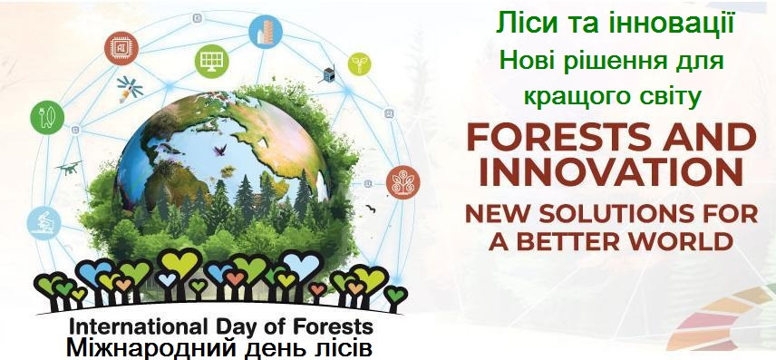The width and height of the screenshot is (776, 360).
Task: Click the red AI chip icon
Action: pyautogui.click(x=121, y=48)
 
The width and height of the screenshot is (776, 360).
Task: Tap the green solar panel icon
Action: pyautogui.click(x=211, y=61)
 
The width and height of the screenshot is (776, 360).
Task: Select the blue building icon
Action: pyautogui.click(x=266, y=32)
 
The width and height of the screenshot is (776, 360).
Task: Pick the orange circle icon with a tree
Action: pyautogui.click(x=403, y=182)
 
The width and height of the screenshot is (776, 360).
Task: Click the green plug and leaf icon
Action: pyautogui.click(x=47, y=117)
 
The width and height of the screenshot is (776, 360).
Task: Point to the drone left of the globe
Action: pyautogui.click(x=69, y=168)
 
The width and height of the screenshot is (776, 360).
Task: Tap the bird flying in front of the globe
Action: pyautogui.click(x=219, y=150)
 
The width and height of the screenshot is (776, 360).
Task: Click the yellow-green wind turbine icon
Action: pyautogui.click(x=359, y=63)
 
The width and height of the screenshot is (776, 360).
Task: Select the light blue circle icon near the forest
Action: pyautogui.click(x=44, y=223)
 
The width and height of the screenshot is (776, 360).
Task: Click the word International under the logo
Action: pyautogui.click(x=135, y=327)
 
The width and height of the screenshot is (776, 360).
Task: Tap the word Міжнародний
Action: pyautogui.click(x=154, y=348)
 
